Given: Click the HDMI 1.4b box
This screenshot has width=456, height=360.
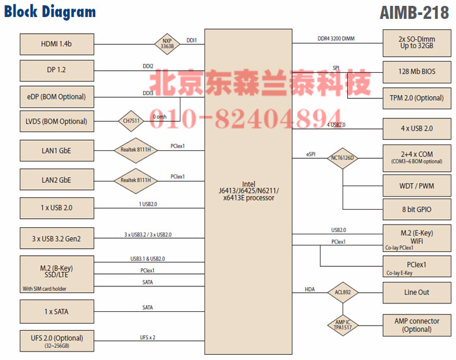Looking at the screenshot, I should pos(57,44).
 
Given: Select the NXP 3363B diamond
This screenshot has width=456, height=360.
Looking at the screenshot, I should pos(167,44).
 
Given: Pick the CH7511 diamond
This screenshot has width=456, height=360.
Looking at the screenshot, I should pos(131,120).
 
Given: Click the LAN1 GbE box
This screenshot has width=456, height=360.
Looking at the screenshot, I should pos(57,150).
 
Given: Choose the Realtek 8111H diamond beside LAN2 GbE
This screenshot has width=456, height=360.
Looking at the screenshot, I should pos(135,180).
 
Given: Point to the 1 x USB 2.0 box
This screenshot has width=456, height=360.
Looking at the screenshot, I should pos(57,208).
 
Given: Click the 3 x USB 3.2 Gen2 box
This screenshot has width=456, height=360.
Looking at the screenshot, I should pos(57,238).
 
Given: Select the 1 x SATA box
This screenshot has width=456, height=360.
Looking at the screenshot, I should pos(57,311).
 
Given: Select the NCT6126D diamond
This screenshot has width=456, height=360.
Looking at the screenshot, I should pos(343,157).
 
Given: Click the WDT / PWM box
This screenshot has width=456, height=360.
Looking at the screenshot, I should pos(416,186).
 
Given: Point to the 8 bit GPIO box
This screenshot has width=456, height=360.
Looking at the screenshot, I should pos(416,210).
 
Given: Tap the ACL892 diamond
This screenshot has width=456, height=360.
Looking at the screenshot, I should pos(343,292).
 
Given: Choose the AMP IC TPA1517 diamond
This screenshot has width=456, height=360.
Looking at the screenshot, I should pos(343,324).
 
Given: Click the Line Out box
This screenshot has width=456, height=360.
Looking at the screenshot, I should pos(416,292).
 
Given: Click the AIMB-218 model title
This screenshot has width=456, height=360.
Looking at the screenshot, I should pos(414,12).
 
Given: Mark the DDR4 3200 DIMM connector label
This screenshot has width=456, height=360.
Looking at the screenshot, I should pos(332,39).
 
